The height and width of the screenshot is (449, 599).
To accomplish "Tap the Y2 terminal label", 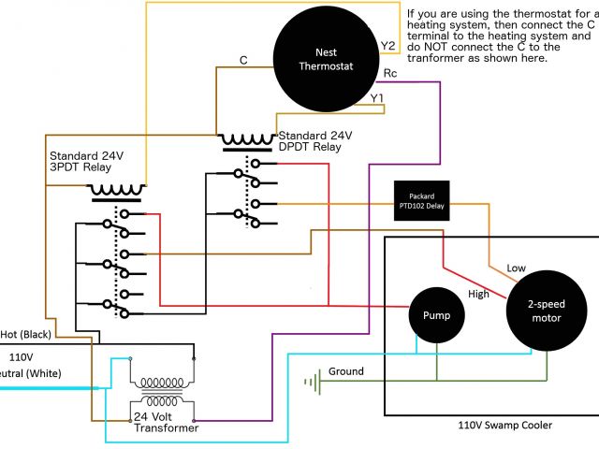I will pyautogui.click(x=387, y=45).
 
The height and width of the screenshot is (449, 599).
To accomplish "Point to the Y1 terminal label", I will pyautogui.click(x=377, y=97).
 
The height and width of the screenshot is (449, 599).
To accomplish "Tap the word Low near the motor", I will pyautogui.click(x=517, y=268).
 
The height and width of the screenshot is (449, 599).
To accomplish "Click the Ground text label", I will pyautogui.click(x=345, y=371).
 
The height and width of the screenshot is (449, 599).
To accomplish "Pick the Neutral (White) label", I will pyautogui.click(x=28, y=373).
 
